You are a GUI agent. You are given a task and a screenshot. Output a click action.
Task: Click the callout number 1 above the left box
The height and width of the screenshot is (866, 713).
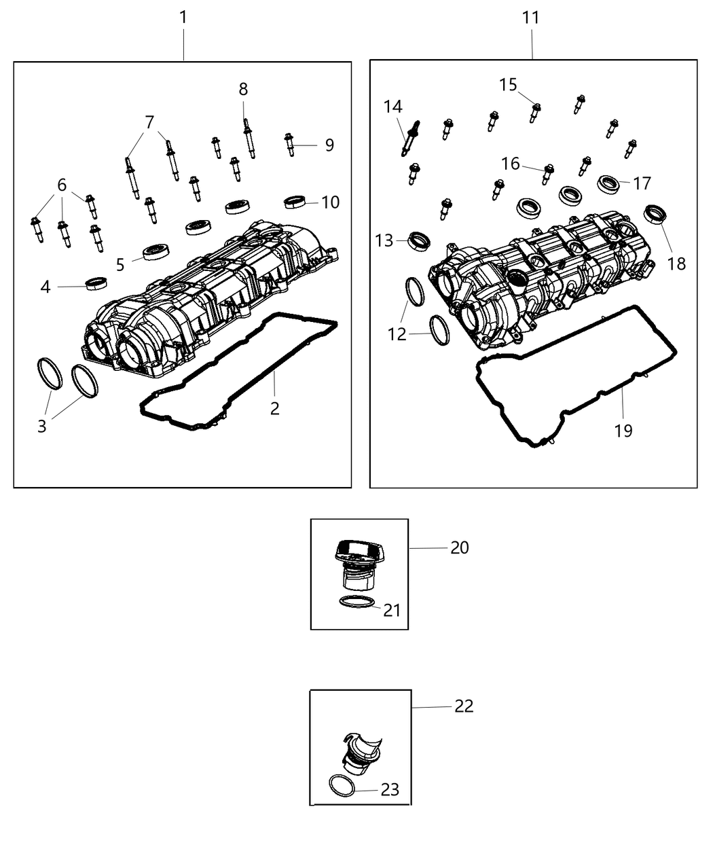183,18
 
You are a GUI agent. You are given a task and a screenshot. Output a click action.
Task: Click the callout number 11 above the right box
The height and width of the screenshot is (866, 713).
531,18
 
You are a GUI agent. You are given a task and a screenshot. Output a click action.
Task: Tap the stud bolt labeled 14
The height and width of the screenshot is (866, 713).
410,138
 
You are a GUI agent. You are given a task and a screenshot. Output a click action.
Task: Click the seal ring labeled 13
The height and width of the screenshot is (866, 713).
420,240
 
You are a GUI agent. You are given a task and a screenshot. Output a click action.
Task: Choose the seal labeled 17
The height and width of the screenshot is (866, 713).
608,183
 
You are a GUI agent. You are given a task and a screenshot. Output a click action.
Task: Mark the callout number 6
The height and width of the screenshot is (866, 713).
62,185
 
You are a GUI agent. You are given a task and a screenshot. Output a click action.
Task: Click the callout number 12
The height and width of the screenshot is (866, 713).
397,334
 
